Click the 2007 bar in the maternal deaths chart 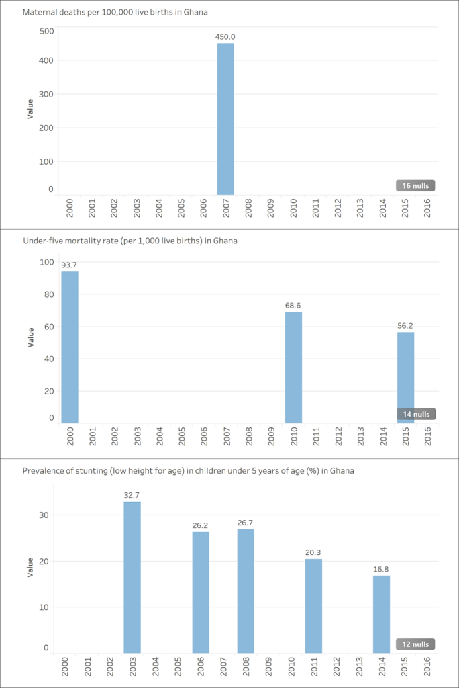pos(225,118)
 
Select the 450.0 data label pos(225,36)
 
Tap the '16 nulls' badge pos(415,185)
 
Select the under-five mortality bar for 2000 pos(70,347)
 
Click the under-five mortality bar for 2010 pos(293,367)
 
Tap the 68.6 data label pos(293,305)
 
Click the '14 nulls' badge pos(415,414)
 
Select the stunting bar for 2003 pos(132,576)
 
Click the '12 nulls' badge pos(415,644)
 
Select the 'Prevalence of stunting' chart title pos(189,471)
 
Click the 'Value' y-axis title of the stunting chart pos(30,568)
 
